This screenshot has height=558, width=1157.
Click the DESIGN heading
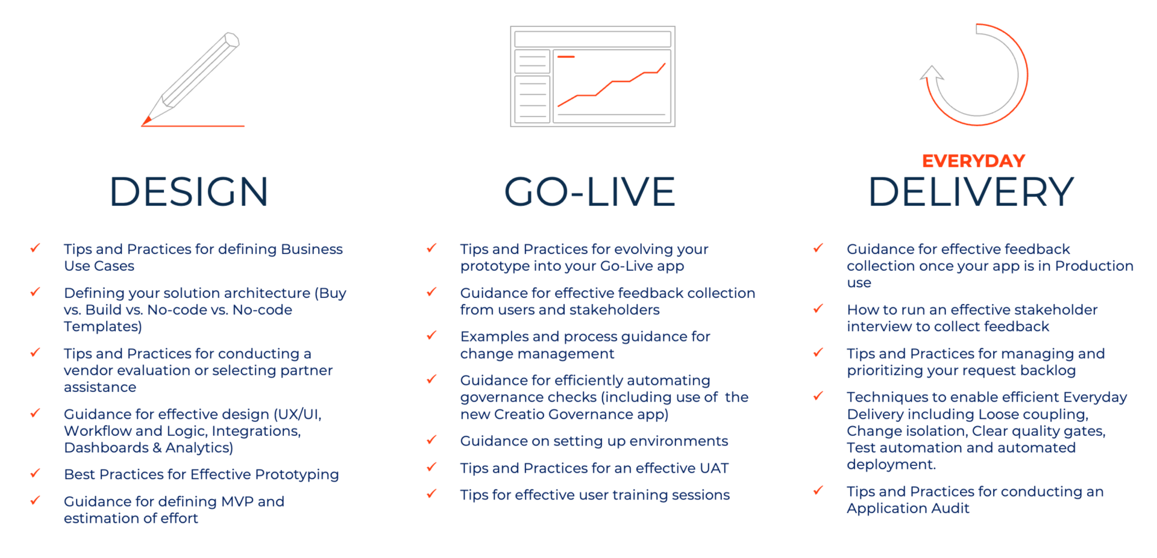[x=189, y=192]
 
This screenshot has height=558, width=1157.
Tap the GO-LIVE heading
[x=589, y=192]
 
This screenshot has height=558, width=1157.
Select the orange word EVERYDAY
[x=973, y=161]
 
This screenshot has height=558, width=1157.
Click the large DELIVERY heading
[x=971, y=192]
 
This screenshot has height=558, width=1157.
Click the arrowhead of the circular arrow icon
[x=932, y=73]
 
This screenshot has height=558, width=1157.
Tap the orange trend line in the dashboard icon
[x=611, y=85]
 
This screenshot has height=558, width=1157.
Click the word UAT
[x=714, y=468]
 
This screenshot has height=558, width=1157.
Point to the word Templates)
[x=103, y=326]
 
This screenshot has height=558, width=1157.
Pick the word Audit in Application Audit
[x=950, y=508]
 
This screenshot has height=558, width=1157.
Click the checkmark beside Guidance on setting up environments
[x=431, y=439]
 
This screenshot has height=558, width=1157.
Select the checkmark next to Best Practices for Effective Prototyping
[x=36, y=473]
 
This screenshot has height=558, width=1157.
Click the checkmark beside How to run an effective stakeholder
[x=818, y=308]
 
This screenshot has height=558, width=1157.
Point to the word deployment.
[x=891, y=465]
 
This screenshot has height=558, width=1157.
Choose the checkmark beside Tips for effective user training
[x=431, y=494]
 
